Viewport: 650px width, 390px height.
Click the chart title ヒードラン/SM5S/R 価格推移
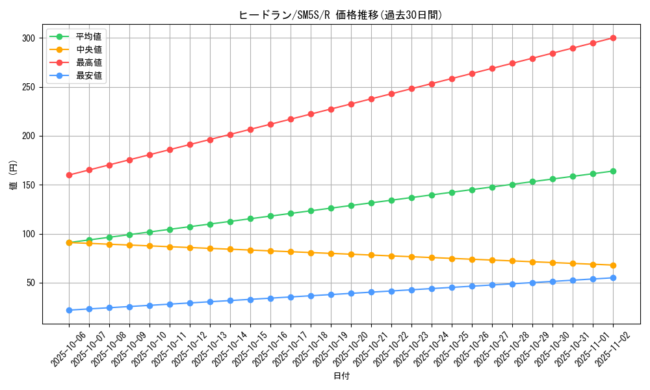[x=341, y=15]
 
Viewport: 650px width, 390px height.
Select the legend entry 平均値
[x=88, y=36]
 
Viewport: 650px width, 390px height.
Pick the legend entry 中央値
[x=88, y=49]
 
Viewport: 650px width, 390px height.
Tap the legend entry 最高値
[x=88, y=62]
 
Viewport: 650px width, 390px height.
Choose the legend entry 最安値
[x=88, y=75]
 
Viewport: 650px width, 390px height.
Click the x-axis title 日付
[x=341, y=376]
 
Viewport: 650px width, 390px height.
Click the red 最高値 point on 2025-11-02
[x=613, y=38]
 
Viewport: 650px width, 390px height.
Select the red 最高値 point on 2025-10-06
[x=69, y=175]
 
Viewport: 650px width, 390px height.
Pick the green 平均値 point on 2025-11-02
[x=613, y=171]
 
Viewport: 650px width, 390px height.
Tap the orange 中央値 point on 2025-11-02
[x=613, y=265]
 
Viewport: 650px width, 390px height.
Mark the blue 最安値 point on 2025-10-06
[x=69, y=310]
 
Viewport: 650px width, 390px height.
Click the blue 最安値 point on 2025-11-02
[x=613, y=278]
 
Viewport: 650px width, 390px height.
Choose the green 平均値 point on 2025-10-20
[x=351, y=205]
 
